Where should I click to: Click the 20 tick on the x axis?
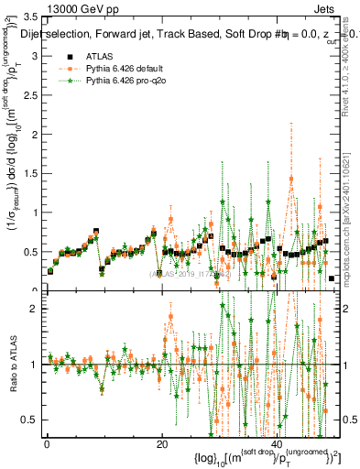click(162, 444)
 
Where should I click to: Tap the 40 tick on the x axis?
click(278, 444)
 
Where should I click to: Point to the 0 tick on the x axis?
click(47, 444)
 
